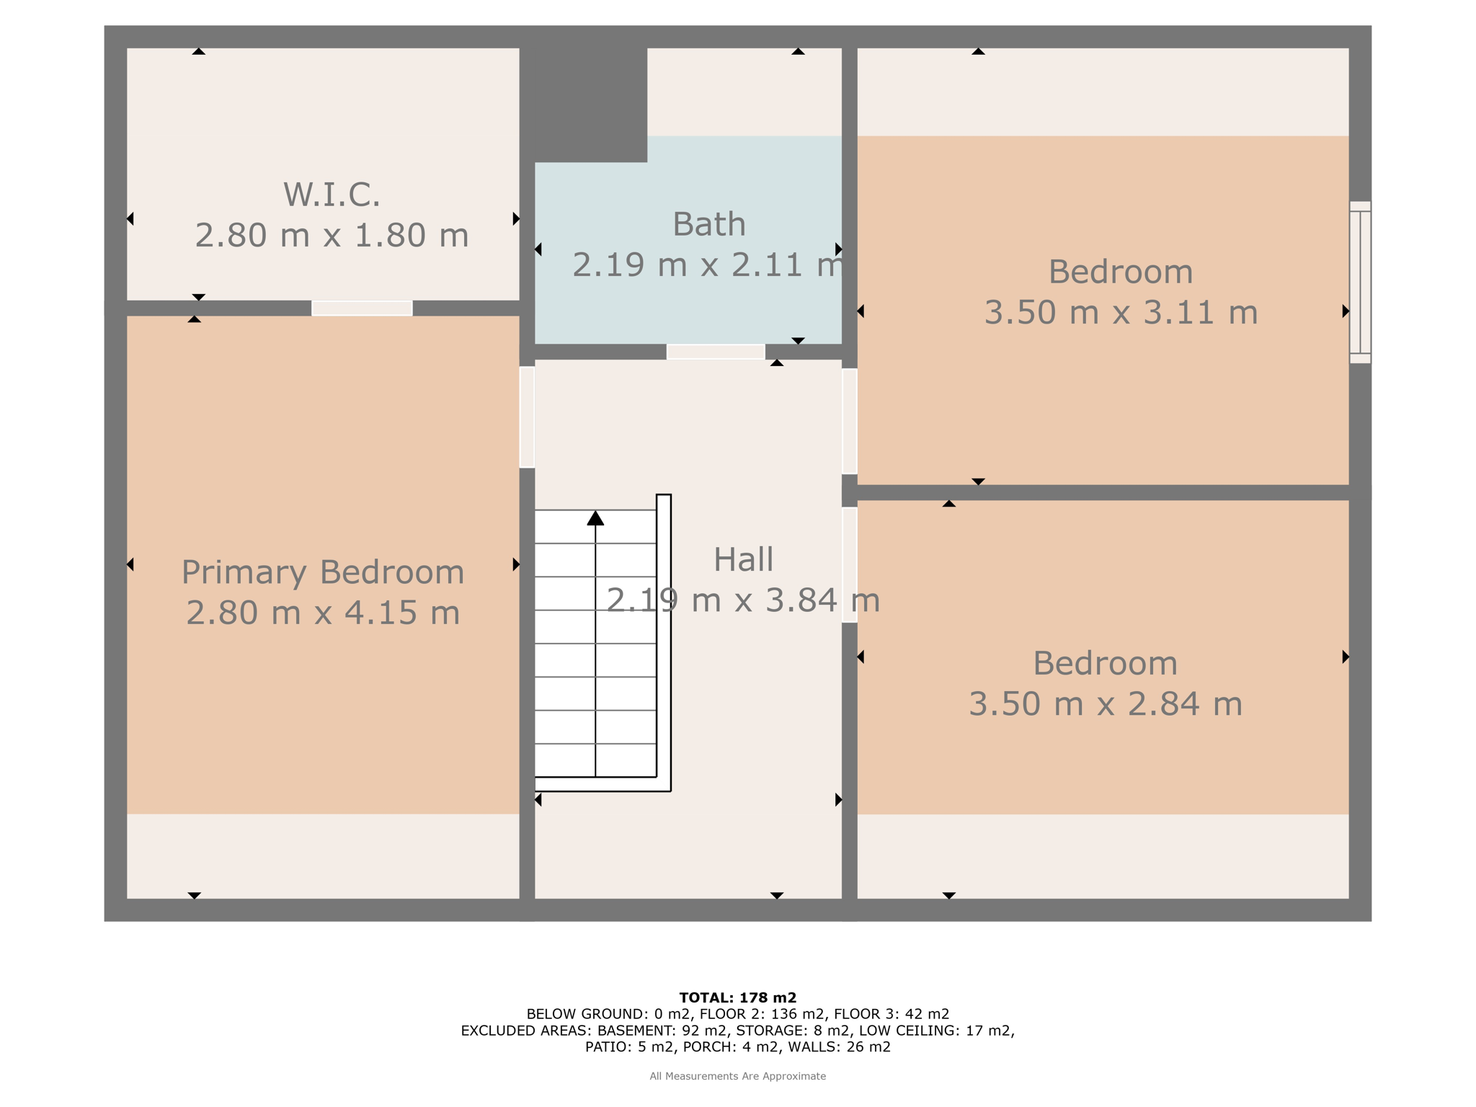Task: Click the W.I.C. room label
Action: tap(332, 195)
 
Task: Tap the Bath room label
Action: tap(709, 224)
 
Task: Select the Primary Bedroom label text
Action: tap(323, 572)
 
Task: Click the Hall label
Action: tap(743, 560)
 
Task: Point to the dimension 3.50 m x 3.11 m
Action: tap(1121, 312)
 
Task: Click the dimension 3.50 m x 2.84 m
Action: tap(1106, 703)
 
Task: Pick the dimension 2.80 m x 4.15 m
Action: tap(323, 613)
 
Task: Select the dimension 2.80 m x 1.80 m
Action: tap(332, 236)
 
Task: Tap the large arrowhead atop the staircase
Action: tap(595, 517)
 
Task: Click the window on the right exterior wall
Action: tap(1360, 283)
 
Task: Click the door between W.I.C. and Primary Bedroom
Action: tap(362, 308)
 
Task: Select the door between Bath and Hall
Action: tap(716, 352)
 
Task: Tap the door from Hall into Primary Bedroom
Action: tap(527, 417)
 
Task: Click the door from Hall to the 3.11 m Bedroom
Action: tap(850, 421)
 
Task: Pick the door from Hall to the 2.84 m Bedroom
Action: tap(850, 565)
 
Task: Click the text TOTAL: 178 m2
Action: tap(738, 998)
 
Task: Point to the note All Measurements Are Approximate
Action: tap(738, 1076)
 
